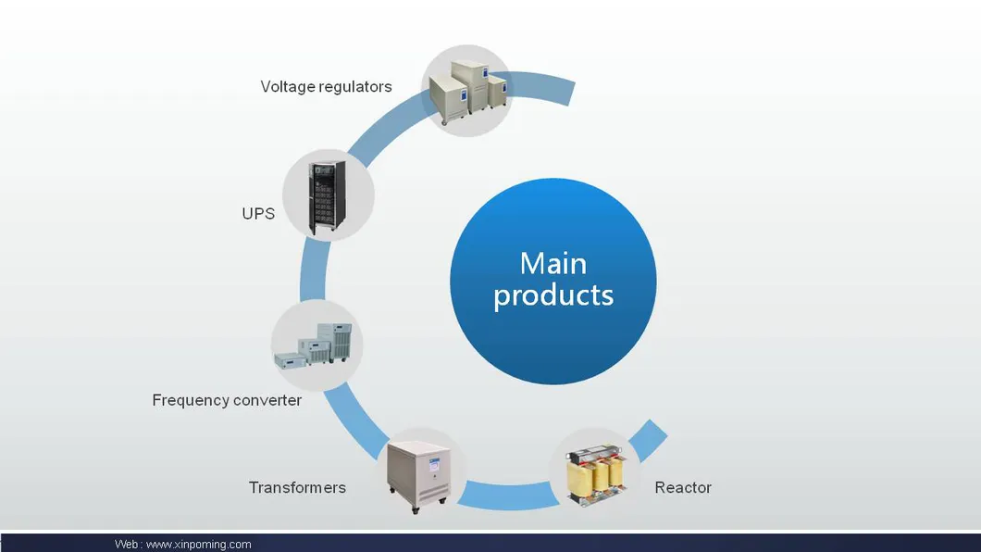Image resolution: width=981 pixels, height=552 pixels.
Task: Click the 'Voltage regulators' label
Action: [x=326, y=87]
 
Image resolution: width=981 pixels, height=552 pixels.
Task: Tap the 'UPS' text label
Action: [x=258, y=214]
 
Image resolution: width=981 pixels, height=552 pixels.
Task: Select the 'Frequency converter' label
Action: [x=227, y=401]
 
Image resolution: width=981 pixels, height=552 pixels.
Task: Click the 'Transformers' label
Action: [x=297, y=488]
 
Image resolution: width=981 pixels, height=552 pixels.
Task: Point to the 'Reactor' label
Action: [x=683, y=488]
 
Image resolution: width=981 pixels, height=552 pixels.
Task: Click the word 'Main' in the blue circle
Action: [x=553, y=263]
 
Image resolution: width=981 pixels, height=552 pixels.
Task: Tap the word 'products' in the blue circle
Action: [x=553, y=295]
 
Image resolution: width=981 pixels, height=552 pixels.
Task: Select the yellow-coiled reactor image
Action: [x=595, y=475]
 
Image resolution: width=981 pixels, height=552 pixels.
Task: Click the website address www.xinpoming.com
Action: [x=198, y=545]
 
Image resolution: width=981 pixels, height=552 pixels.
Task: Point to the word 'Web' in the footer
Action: [x=127, y=545]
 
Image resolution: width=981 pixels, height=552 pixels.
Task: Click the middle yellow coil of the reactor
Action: [x=595, y=477]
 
